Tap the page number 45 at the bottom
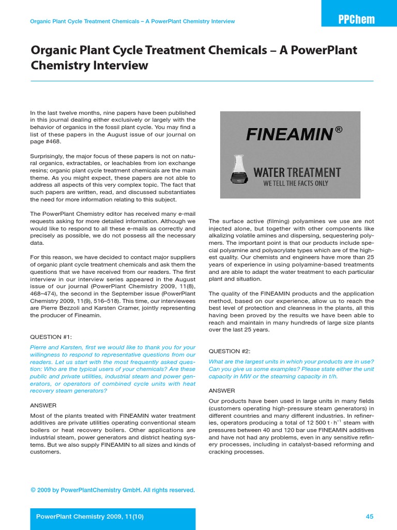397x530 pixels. (x=369, y=516)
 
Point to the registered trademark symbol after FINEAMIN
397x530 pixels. (x=339, y=130)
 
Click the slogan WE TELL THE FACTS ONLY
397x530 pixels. (x=296, y=183)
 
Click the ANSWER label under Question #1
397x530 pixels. (x=43, y=405)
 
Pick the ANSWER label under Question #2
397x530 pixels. (x=222, y=390)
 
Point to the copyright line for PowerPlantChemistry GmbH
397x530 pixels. (x=112, y=490)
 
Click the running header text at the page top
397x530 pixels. (x=132, y=21)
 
